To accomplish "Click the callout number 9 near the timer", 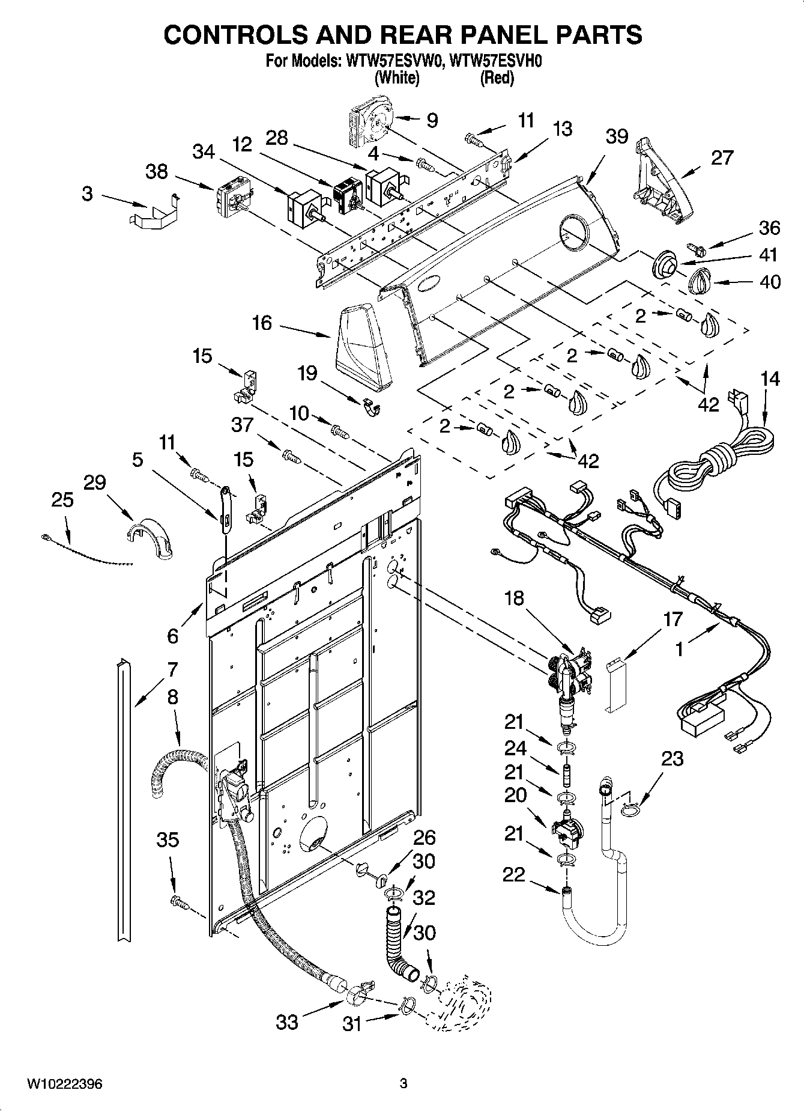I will [x=432, y=120].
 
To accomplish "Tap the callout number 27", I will [x=722, y=157].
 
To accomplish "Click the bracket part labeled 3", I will [x=154, y=212].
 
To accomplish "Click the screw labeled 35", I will [x=178, y=901].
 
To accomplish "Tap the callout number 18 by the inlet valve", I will [x=514, y=598].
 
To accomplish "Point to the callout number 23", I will [x=673, y=759].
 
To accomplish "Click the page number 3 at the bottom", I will [x=404, y=1084].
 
